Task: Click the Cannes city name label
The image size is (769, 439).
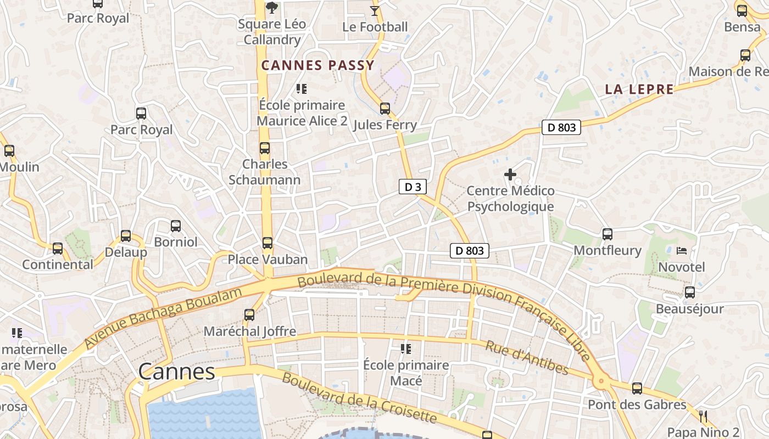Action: [176, 372]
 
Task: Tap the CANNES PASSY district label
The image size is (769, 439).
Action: [317, 66]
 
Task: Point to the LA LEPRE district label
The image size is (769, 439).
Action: [639, 89]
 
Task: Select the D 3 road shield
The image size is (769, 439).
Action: [413, 187]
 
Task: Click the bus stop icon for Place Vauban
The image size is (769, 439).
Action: [268, 243]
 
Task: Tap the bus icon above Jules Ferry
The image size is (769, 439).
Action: [385, 109]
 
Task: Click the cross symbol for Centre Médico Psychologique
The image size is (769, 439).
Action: [510, 175]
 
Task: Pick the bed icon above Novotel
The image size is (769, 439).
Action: [682, 251]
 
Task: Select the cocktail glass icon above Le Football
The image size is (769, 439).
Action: [375, 10]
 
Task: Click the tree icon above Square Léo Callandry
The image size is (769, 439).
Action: [271, 8]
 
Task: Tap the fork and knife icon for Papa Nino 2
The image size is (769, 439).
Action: [703, 417]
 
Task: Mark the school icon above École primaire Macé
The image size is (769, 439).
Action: [406, 349]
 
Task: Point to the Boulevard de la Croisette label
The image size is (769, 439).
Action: [359, 398]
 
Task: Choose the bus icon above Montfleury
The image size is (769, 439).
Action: [608, 234]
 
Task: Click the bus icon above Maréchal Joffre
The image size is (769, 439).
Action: [249, 315]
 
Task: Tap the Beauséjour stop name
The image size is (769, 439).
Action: [689, 309]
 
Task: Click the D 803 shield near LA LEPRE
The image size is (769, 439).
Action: [561, 128]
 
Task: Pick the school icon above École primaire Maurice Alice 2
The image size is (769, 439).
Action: [301, 89]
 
